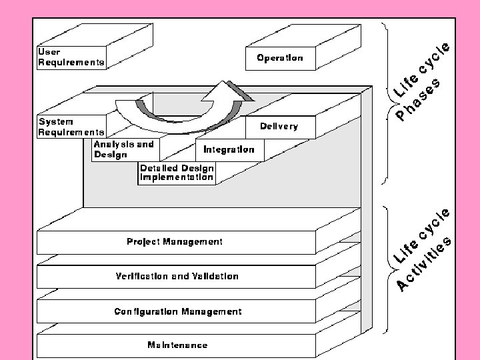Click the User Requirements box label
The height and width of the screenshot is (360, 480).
pyautogui.click(x=71, y=57)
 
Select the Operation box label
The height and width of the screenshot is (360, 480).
pyautogui.click(x=280, y=57)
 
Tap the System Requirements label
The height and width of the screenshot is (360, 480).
pyautogui.click(x=71, y=127)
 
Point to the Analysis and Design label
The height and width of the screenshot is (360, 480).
pyautogui.click(x=124, y=149)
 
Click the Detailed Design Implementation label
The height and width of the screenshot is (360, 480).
pyautogui.click(x=177, y=173)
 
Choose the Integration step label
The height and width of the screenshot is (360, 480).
pyautogui.click(x=229, y=149)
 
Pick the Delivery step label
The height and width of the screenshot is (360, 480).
pyautogui.click(x=279, y=126)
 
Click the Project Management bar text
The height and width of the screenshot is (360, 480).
pyautogui.click(x=175, y=241)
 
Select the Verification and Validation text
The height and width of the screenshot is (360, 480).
pyautogui.click(x=177, y=276)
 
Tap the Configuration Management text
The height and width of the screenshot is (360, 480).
pyautogui.click(x=178, y=311)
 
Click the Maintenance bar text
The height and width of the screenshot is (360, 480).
pyautogui.click(x=177, y=345)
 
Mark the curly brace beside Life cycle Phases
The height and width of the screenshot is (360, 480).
pyautogui.click(x=387, y=103)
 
